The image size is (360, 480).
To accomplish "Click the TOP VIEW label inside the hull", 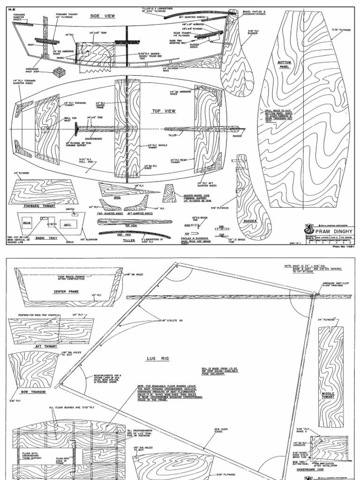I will point(163,112).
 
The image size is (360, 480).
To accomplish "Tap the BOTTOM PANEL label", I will point(285,65).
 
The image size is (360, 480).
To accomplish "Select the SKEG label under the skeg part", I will point(117,198).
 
